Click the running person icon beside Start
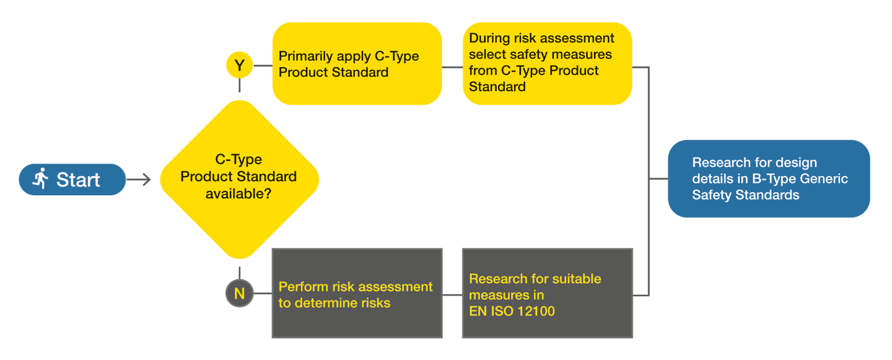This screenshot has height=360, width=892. [x=41, y=179]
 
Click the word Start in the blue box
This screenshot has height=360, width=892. [x=78, y=180]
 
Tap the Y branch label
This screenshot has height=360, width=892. [x=239, y=66]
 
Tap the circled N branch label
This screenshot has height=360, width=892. [x=239, y=294]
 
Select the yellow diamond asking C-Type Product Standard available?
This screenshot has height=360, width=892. [x=238, y=180]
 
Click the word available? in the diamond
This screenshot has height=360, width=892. [x=238, y=193]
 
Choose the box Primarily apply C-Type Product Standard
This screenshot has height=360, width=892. [x=359, y=64]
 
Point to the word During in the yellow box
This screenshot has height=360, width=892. [x=489, y=38]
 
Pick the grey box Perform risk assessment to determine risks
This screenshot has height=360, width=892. [x=357, y=294]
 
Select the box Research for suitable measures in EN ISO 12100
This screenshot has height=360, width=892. [x=548, y=294]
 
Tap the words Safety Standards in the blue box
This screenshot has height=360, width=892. [x=745, y=195]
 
